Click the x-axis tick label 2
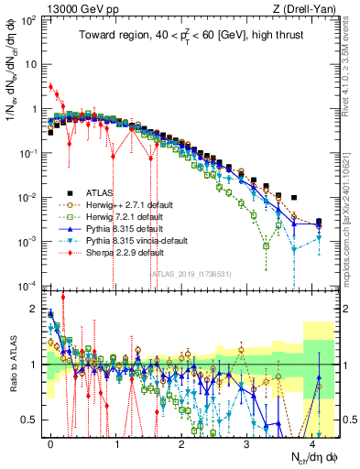pyautogui.click(x=181, y=442)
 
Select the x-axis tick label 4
pyautogui.click(x=312, y=442)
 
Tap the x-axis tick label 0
pyautogui.click(x=51, y=442)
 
